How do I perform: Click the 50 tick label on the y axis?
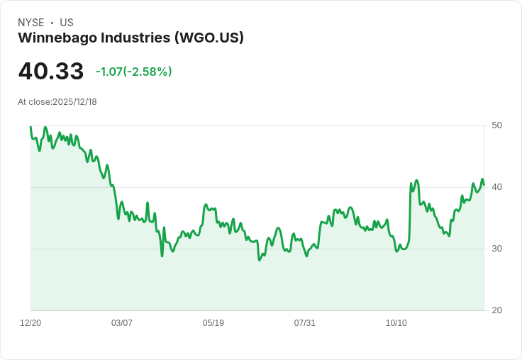pyautogui.click(x=496, y=125)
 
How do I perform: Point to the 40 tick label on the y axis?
pyautogui.click(x=496, y=187)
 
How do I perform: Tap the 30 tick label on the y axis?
pyautogui.click(x=496, y=249)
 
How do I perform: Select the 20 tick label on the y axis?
pyautogui.click(x=496, y=310)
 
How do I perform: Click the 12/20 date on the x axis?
pyautogui.click(x=30, y=323)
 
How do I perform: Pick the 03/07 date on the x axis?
pyautogui.click(x=122, y=323)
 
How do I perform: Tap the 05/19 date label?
pyautogui.click(x=213, y=323)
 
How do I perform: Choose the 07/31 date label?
pyautogui.click(x=305, y=323)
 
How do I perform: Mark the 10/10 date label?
pyautogui.click(x=396, y=323)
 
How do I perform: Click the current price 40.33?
pyautogui.click(x=50, y=72)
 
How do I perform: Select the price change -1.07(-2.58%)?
pyautogui.click(x=133, y=72)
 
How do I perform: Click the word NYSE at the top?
pyautogui.click(x=31, y=23)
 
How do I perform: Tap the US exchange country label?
pyautogui.click(x=67, y=23)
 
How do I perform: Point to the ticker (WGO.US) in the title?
pyautogui.click(x=209, y=38)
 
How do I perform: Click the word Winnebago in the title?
pyautogui.click(x=53, y=38)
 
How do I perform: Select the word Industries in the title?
pyautogui.click(x=133, y=38)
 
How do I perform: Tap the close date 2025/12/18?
pyautogui.click(x=74, y=102)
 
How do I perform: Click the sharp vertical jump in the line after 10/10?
pyautogui.click(x=410, y=213)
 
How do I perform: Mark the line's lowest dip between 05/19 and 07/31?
pyautogui.click(x=260, y=260)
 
